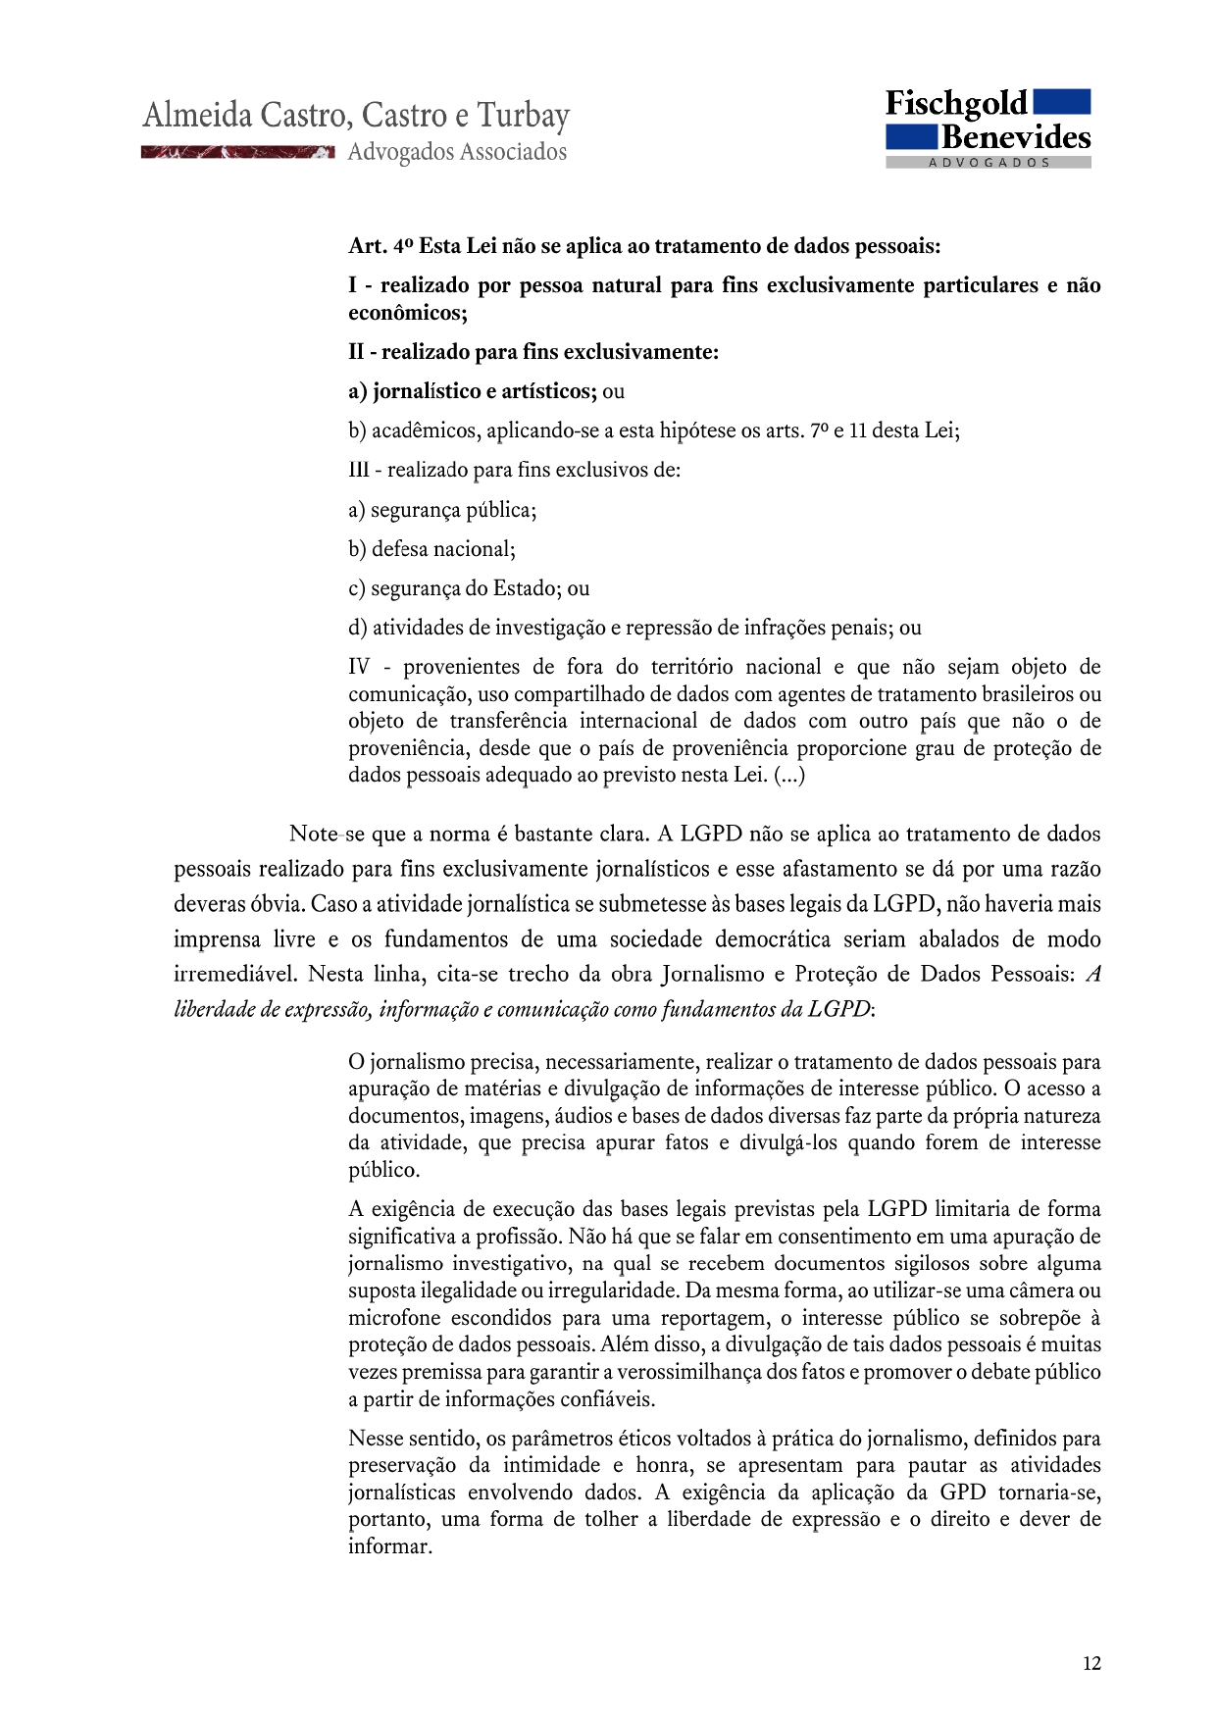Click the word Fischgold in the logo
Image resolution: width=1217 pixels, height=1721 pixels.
tap(955, 104)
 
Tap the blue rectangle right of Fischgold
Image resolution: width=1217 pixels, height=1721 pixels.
tap(1062, 102)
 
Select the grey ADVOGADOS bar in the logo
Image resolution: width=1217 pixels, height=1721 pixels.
tap(989, 163)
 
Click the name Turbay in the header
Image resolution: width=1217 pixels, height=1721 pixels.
tap(523, 116)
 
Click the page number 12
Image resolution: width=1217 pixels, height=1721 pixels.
tap(1091, 1663)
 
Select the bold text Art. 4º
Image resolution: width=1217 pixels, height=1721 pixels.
tap(380, 246)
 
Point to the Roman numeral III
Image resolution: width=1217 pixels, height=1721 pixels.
tap(358, 470)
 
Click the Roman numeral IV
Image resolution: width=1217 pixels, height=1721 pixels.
tap(359, 667)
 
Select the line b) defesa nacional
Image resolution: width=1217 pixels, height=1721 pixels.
tap(431, 549)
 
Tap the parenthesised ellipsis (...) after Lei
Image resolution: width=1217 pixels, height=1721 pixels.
tap(789, 775)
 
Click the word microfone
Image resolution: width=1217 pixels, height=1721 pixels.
tap(393, 1318)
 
